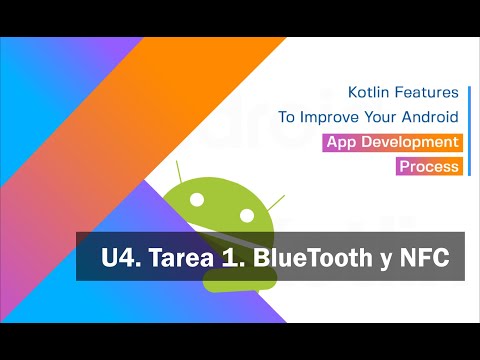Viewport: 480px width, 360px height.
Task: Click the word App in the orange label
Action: click(342, 142)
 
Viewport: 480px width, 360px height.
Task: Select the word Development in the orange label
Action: click(408, 142)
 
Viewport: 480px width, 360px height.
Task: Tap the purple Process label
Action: click(428, 166)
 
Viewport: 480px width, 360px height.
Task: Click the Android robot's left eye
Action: click(196, 201)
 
